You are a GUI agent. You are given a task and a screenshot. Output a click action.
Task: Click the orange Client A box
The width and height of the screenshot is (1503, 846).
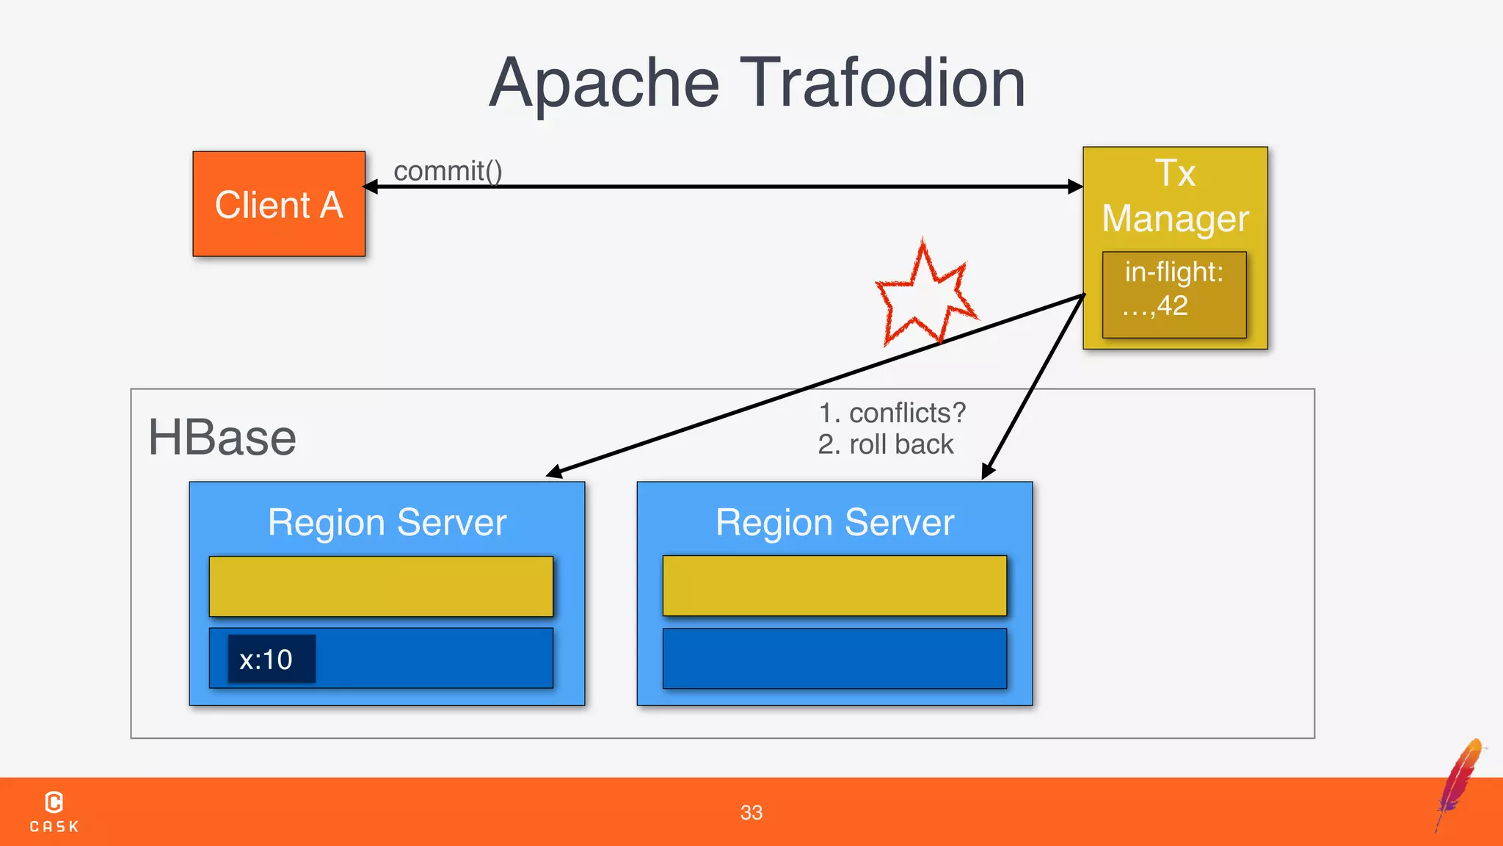click(279, 204)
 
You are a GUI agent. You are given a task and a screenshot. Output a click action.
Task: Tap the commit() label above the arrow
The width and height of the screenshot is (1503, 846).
click(448, 171)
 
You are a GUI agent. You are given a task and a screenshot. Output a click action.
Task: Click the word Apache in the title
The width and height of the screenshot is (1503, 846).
click(604, 84)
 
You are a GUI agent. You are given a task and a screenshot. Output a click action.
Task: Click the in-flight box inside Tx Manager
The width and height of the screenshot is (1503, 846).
click(1174, 294)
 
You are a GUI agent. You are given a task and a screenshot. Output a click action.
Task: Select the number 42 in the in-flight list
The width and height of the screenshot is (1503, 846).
click(1173, 305)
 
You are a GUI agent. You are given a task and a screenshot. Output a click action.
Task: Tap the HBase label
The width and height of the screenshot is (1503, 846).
click(222, 438)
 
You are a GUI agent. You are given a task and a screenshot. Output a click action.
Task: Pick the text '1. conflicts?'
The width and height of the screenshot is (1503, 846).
click(892, 413)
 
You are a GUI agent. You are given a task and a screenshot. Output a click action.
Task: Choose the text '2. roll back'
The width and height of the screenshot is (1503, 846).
click(886, 444)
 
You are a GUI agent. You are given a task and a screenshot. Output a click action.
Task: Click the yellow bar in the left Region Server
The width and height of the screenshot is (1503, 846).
click(381, 586)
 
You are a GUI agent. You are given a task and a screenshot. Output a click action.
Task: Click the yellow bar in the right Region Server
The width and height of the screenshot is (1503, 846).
click(834, 585)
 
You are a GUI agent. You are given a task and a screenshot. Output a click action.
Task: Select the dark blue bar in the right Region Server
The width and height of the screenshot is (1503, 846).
click(834, 658)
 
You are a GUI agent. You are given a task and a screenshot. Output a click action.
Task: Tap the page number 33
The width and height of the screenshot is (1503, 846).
click(751, 812)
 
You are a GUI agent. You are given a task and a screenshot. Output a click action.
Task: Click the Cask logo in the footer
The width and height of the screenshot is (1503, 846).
click(54, 811)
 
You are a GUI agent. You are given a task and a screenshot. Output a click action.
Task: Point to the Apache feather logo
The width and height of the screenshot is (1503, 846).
click(1460, 782)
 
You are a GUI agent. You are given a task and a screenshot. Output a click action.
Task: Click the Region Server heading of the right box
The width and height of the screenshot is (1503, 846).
click(834, 522)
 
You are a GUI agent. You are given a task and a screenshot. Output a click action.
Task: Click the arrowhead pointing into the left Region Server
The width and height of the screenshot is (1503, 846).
click(555, 472)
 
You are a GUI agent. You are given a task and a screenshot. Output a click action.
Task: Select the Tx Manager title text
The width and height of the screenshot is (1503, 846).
click(1175, 196)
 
